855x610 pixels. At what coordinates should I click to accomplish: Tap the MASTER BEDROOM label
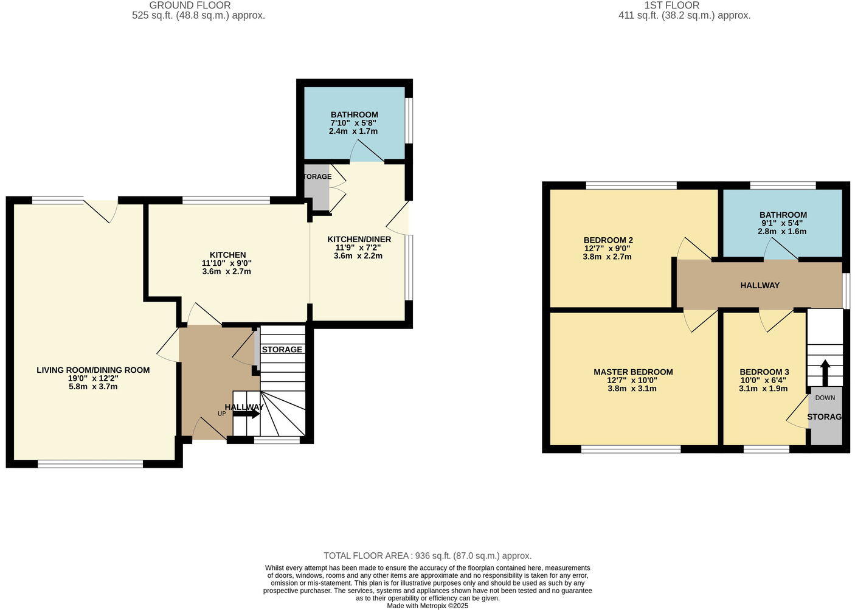[633, 372]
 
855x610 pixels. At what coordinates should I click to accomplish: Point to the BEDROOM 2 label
[608, 240]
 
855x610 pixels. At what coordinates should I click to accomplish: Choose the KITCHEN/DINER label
[359, 239]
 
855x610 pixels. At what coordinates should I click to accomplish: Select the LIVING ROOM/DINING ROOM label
[93, 370]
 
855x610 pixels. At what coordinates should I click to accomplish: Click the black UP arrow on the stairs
[246, 414]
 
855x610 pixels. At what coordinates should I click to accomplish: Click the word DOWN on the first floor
[825, 398]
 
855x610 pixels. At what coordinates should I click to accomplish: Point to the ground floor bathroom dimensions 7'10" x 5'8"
[354, 123]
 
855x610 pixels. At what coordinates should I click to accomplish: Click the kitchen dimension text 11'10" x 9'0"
[227, 263]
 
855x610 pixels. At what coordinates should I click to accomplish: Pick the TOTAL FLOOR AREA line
[427, 555]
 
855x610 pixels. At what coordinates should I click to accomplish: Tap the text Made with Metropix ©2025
[427, 606]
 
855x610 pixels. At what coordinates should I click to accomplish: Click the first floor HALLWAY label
[760, 285]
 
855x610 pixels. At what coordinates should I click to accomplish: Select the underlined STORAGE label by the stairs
[282, 350]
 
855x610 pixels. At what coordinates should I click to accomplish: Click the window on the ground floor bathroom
[409, 120]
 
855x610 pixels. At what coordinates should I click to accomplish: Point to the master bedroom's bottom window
[631, 449]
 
